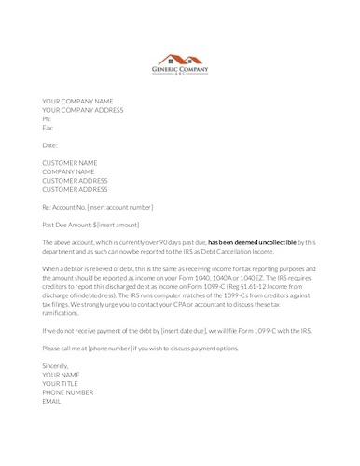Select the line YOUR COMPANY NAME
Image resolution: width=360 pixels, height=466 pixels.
[77, 101]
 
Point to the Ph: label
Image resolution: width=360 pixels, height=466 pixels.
[47, 118]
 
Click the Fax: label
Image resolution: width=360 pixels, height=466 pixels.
[48, 127]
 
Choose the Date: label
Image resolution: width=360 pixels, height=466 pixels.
[50, 145]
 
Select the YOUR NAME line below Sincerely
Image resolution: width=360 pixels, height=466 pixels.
[62, 374]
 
